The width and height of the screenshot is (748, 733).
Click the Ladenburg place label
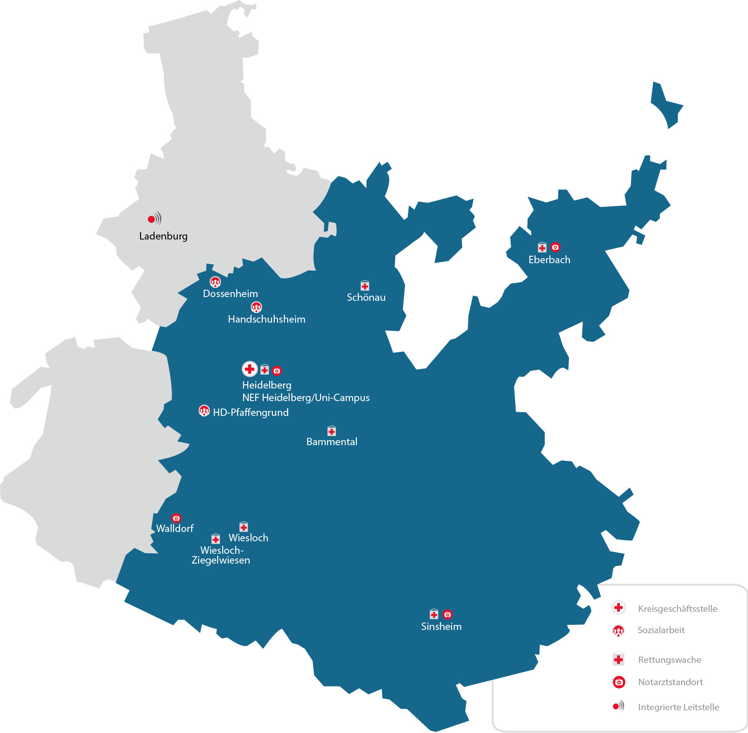163,236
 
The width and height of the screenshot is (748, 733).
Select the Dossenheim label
230,293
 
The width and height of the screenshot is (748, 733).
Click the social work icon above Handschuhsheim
256,307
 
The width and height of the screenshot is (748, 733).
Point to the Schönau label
366,297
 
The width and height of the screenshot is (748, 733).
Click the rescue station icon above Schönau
365,285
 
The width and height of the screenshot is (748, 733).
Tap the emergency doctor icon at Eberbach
555,247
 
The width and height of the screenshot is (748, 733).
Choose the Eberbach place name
549,259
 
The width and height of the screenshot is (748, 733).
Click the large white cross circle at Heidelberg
250,369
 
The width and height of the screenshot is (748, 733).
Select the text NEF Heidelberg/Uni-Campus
306,397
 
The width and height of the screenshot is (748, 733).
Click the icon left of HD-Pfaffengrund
204,410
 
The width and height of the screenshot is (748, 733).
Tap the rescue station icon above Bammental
331,431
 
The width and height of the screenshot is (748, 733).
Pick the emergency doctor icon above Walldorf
176,518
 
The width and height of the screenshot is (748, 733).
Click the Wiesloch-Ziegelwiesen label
221,555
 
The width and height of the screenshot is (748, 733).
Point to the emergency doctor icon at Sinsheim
447,614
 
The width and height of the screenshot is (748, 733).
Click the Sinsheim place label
441,626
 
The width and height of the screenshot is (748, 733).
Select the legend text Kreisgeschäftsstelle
677,609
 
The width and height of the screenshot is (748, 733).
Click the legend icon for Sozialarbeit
619,630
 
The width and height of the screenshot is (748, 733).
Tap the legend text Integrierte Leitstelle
678,707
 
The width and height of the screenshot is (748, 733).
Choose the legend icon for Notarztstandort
619,682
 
